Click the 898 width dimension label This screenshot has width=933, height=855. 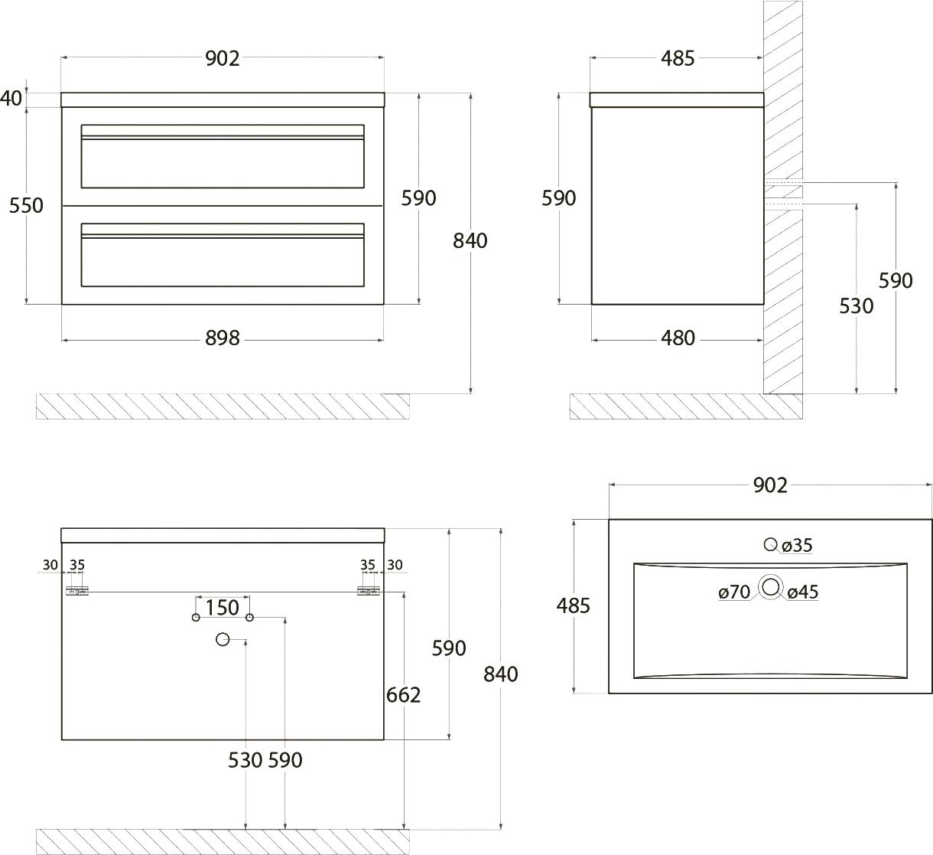(223, 338)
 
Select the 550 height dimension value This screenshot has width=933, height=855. (26, 205)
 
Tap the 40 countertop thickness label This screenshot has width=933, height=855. (11, 98)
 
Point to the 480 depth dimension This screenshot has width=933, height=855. (678, 338)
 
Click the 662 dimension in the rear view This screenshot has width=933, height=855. (403, 695)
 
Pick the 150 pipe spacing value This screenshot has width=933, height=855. (223, 608)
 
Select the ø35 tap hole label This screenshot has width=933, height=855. (797, 545)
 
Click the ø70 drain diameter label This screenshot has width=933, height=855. (734, 592)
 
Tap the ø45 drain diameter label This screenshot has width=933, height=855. (803, 592)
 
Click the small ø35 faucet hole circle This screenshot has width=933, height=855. (770, 544)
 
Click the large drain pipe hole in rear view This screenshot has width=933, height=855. (223, 639)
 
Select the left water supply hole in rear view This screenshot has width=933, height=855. (196, 618)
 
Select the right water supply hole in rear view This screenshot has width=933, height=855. (249, 618)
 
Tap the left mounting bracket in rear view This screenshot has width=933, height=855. (77, 592)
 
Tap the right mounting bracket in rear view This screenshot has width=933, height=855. (369, 592)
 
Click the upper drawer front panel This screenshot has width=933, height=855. (223, 156)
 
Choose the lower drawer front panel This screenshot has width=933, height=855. (223, 255)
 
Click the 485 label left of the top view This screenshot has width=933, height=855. (573, 606)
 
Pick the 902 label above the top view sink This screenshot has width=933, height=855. (770, 486)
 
